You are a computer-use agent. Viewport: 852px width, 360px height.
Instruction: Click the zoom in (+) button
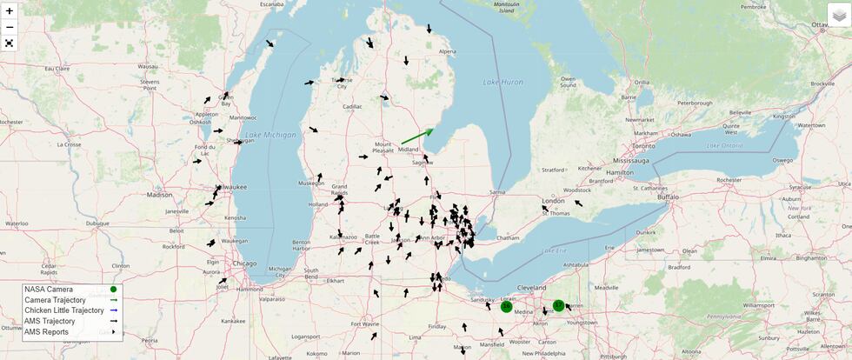[10, 11]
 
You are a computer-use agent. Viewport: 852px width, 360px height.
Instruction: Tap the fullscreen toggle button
[10, 43]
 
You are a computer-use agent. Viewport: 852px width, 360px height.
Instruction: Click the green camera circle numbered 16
[506, 306]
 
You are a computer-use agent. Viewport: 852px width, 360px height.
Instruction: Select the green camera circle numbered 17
[559, 305]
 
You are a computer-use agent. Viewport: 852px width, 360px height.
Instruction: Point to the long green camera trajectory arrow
[416, 137]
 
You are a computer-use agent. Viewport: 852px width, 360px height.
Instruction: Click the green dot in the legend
[114, 290]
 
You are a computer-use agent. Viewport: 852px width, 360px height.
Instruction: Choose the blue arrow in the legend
[114, 310]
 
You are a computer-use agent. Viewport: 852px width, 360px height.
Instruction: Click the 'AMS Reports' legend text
[46, 331]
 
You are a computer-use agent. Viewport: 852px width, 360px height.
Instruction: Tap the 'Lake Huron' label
[503, 82]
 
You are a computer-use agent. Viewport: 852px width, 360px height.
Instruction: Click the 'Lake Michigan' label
[270, 135]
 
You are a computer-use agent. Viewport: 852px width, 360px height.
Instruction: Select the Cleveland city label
[531, 287]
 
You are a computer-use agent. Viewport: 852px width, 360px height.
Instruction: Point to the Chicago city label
[244, 263]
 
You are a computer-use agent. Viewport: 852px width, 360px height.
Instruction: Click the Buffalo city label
[668, 197]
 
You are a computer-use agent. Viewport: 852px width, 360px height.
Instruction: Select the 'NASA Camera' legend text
[49, 290]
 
